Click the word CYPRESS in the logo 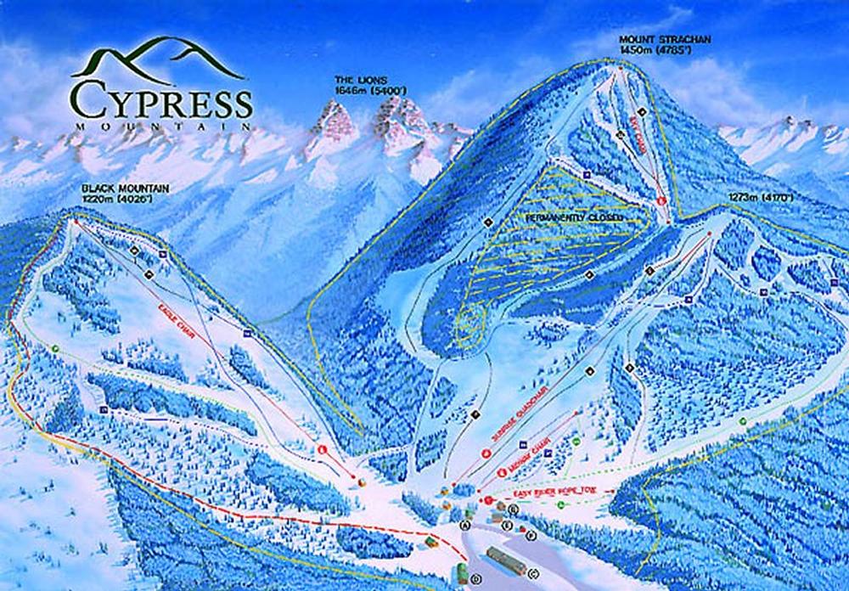tap(161, 99)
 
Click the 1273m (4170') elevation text tap(761, 200)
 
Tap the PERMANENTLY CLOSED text tap(574, 218)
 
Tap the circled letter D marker tap(475, 579)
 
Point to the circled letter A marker tap(465, 526)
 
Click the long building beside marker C tap(504, 560)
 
